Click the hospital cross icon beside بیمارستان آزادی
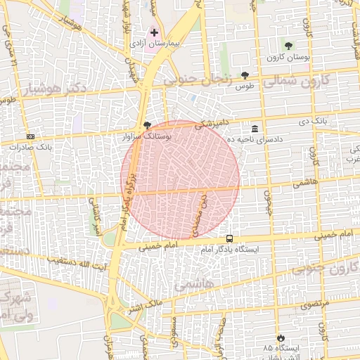[x=154, y=32]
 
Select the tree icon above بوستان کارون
[x=288, y=46]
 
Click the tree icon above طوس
[x=245, y=75]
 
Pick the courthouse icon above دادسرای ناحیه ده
[x=254, y=129]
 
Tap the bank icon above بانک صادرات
[x=30, y=136]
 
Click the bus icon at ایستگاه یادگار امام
[x=230, y=238]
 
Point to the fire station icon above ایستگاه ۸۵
[x=281, y=337]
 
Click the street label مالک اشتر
[x=144, y=304]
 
